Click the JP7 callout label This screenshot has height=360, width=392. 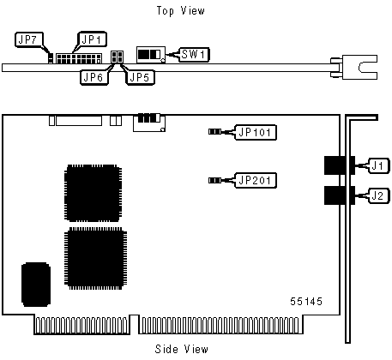(29, 39)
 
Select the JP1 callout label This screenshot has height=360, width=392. (92, 39)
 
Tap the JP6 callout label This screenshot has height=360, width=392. (94, 77)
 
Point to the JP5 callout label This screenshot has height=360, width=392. (140, 77)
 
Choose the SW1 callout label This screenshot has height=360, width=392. (195, 55)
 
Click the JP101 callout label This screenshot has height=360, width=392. (256, 132)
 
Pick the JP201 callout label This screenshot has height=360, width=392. (256, 180)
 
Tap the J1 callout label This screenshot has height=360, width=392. (379, 165)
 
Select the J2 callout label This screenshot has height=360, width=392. (379, 196)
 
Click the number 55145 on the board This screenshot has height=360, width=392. (306, 302)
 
